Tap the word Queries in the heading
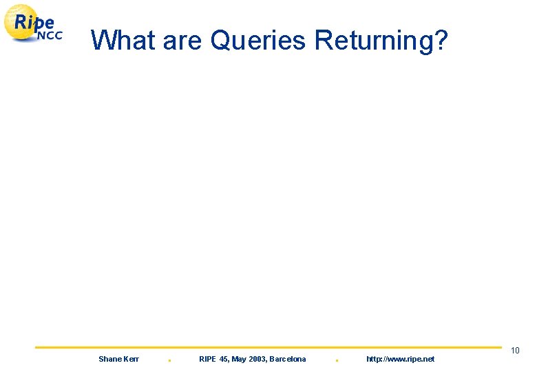[x=258, y=41]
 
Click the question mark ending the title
[x=441, y=41]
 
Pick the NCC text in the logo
[x=49, y=36]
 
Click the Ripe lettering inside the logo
[x=34, y=22]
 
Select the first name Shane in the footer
[x=110, y=359]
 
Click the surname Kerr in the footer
[x=131, y=359]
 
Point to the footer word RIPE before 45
[x=207, y=359]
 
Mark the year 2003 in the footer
[x=258, y=359]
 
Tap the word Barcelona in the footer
[x=288, y=359]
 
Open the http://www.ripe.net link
[x=400, y=359]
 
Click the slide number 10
[x=515, y=351]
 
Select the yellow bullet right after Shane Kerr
[x=169, y=360]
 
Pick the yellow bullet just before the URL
[x=337, y=360]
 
